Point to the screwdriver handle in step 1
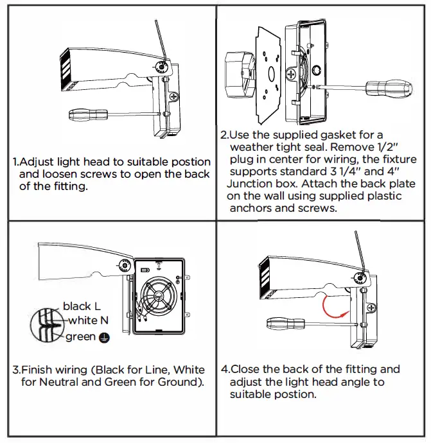87,115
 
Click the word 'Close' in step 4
246,369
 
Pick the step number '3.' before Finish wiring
17,370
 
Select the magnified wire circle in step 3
46,324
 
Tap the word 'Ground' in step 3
179,383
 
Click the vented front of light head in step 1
67,69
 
